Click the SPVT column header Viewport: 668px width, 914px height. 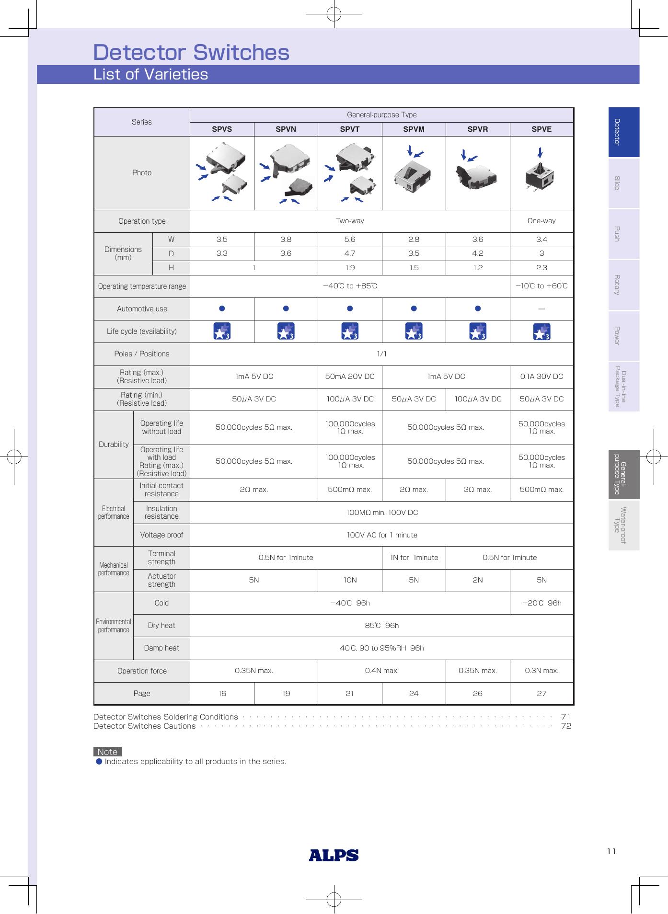pos(349,129)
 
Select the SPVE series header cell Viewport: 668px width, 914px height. pos(541,129)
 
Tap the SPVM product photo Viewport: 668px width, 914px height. pos(414,173)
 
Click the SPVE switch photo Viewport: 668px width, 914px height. pos(541,173)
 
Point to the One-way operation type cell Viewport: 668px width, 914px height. pos(541,221)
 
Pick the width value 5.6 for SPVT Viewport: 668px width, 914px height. pos(349,240)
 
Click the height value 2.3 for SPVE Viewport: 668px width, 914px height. pos(541,268)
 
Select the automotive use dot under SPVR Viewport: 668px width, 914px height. pos(477,309)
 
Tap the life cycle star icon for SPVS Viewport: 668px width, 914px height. pos(222,331)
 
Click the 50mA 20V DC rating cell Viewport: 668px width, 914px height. pos(349,377)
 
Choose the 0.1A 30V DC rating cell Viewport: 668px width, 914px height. pos(541,377)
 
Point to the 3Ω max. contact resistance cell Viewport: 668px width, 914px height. pos(477,490)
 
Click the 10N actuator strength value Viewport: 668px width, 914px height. pos(349,580)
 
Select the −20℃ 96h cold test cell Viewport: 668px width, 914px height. pos(541,603)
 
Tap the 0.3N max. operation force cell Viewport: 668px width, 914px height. pos(541,671)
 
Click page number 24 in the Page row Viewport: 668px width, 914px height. pos(414,693)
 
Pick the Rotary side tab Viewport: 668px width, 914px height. pos(623,285)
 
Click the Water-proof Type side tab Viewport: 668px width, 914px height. pos(623,526)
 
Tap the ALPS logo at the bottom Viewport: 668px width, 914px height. pos(334,855)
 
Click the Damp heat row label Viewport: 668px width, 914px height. pos(161,648)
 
